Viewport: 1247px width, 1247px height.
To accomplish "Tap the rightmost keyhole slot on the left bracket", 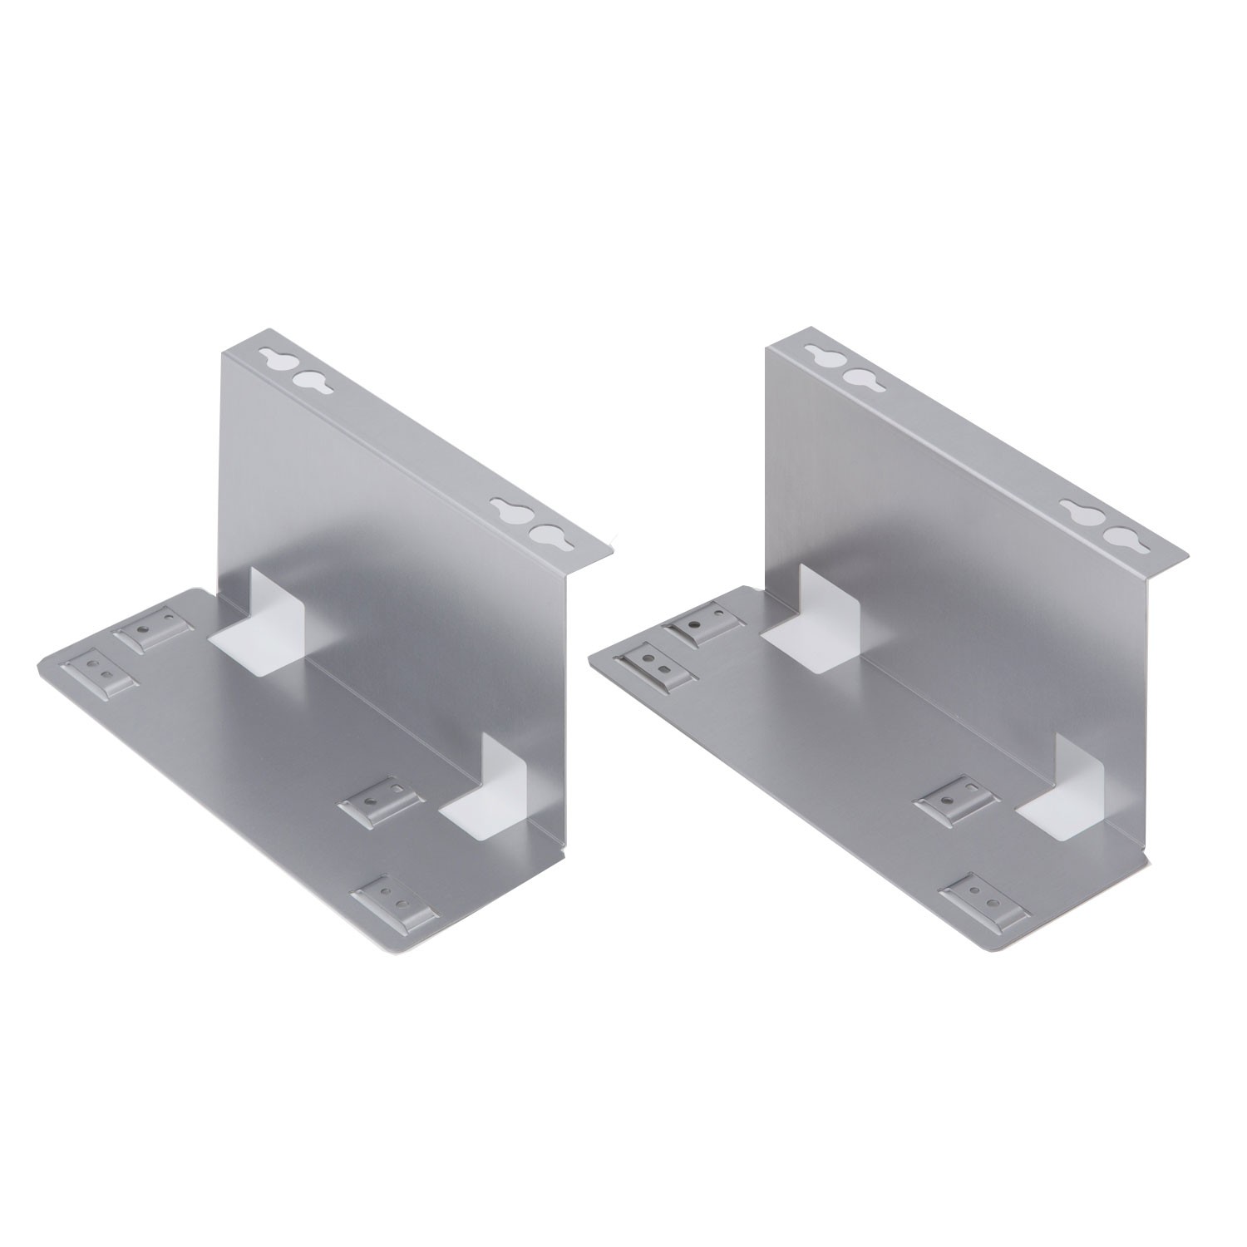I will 545,534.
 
